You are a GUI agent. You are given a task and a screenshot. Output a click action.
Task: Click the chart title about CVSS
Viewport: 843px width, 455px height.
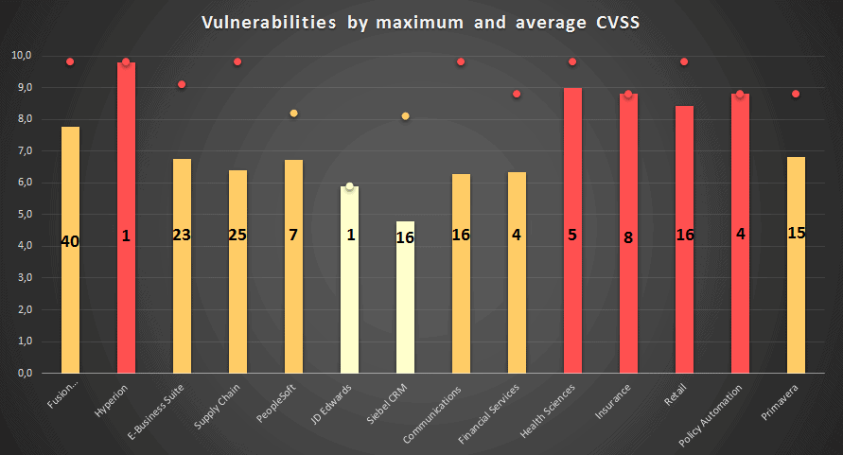coord(421,23)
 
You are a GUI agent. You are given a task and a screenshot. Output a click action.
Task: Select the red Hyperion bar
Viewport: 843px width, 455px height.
coord(126,218)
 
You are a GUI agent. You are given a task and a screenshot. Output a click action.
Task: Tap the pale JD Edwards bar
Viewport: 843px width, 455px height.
coord(350,279)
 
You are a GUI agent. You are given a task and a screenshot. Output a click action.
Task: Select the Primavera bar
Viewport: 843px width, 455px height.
coord(796,265)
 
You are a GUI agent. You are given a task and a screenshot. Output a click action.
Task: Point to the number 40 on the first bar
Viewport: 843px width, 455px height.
coord(70,242)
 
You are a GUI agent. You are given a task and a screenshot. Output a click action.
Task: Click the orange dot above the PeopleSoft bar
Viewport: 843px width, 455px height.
coord(293,114)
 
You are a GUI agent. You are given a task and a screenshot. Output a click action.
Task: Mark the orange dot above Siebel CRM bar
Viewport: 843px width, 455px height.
coord(406,116)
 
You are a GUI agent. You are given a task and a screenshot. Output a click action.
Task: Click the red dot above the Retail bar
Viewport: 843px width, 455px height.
coord(684,62)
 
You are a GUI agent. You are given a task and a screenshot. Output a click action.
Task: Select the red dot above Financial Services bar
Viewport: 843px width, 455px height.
coord(517,94)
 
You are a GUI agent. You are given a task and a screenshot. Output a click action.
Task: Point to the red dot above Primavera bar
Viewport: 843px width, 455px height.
coord(796,94)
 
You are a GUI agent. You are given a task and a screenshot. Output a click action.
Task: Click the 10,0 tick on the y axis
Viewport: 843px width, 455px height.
coord(22,56)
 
